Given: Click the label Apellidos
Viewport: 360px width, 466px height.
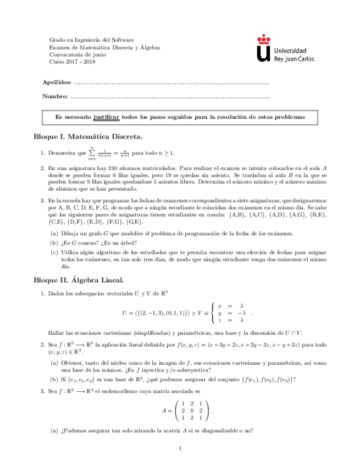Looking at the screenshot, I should tap(57, 82).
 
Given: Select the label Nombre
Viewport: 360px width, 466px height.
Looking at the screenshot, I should tap(54, 97).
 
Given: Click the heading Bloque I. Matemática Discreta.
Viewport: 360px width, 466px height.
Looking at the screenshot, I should tap(87, 135).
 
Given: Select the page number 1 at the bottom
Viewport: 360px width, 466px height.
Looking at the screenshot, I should tap(180, 449).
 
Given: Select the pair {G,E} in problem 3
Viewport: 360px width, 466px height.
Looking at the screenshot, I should tap(135, 221).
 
